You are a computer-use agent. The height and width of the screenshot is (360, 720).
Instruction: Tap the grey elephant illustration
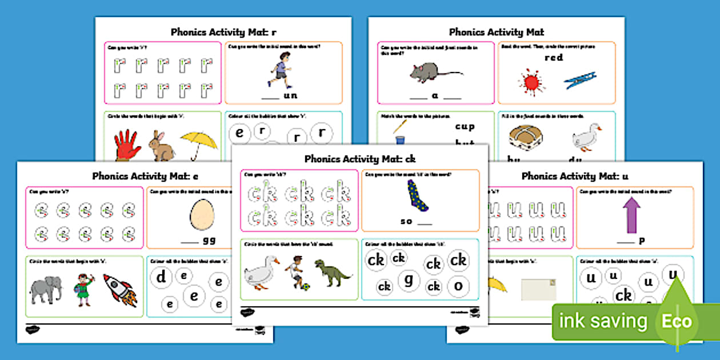click(46, 290)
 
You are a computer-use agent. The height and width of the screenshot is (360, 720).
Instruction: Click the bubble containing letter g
click(409, 280)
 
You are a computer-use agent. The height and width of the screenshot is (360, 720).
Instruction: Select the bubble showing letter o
click(458, 285)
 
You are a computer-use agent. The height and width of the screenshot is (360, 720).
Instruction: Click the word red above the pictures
click(553, 58)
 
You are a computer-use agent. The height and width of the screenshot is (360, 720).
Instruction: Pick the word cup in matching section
click(464, 126)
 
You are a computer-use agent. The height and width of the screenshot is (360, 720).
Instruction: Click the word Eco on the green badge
click(677, 321)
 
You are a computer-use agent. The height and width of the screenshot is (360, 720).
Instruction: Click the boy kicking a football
click(294, 271)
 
